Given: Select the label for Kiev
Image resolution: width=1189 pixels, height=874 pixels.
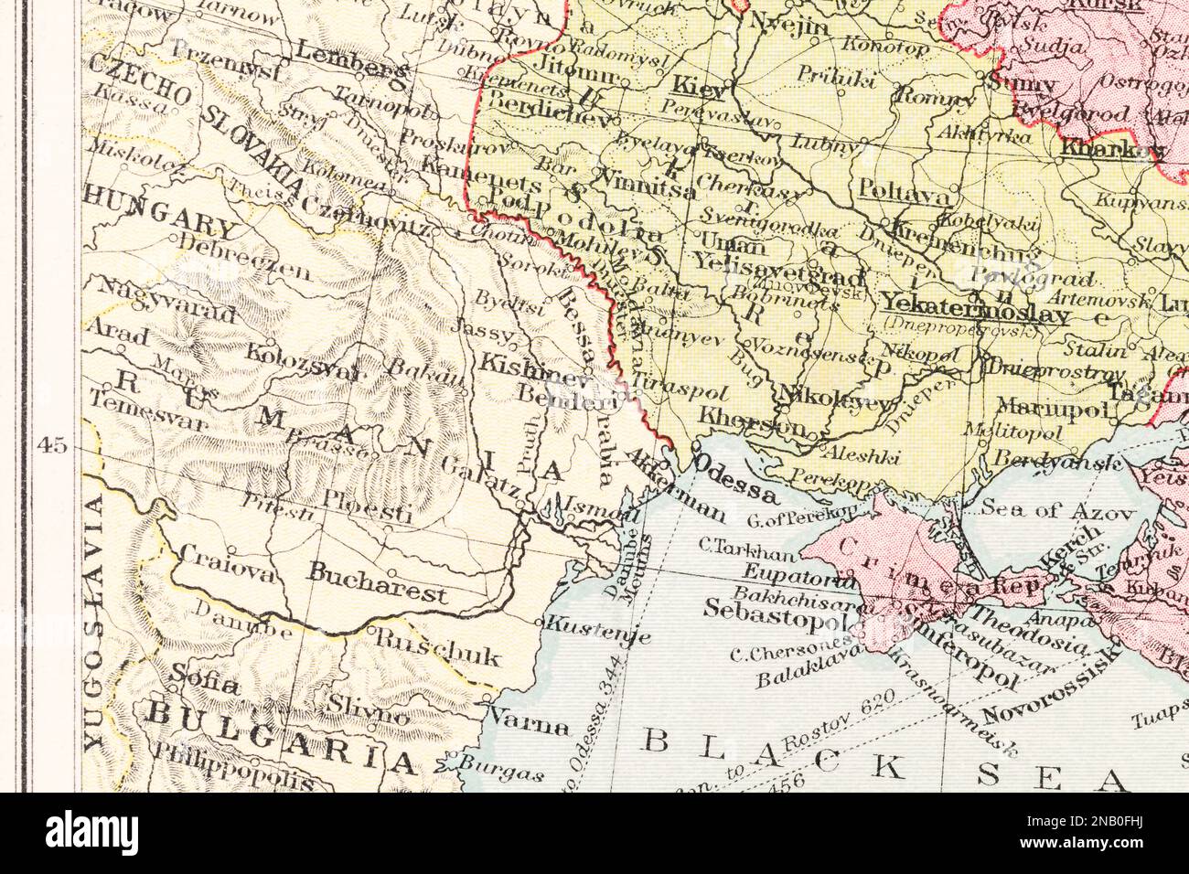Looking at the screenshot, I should tap(700, 87).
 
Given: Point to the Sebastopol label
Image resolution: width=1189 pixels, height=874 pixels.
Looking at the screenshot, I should tap(778, 611).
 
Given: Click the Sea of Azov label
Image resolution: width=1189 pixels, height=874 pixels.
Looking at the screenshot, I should tap(1058, 510).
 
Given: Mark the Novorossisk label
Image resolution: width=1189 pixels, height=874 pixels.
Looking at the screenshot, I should tap(1052, 686).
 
